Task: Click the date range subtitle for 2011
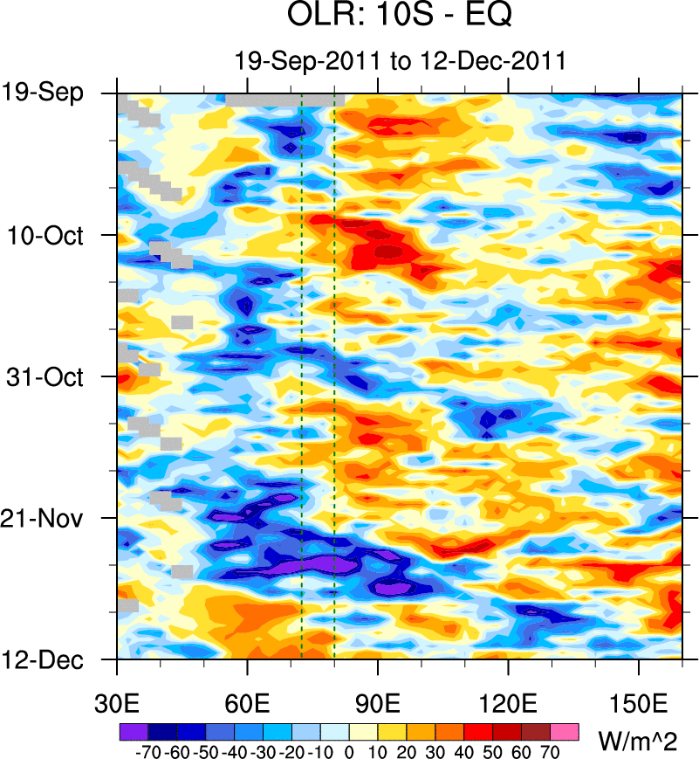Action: tap(401, 61)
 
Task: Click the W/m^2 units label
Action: tap(641, 742)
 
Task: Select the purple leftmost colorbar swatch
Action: tap(132, 730)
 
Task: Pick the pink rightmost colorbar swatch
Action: tap(565, 730)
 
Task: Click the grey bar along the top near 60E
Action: tap(279, 100)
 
